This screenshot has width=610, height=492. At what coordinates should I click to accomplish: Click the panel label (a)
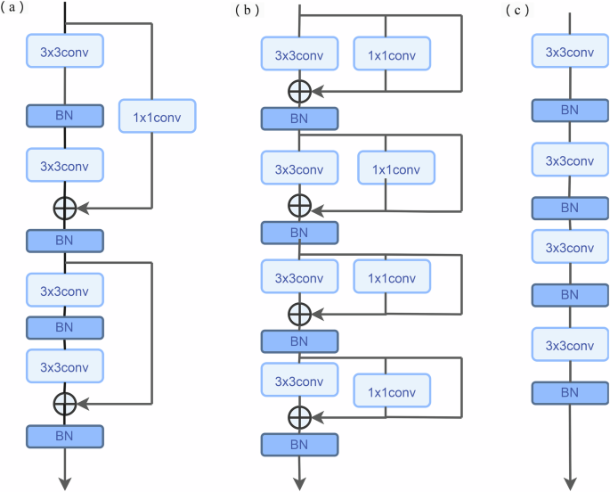point(16,11)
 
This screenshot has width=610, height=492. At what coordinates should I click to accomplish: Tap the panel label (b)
point(248,11)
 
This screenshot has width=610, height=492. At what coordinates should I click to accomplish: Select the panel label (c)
point(516,11)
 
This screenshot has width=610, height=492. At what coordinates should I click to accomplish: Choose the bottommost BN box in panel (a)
point(65,436)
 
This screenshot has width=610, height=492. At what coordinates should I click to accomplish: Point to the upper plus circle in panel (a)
point(65,208)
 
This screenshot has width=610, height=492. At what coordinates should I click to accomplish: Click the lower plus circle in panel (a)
point(65,402)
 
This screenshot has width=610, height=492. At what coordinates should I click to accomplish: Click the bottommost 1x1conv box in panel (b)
point(392,389)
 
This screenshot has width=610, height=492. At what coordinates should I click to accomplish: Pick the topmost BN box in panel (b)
point(299,118)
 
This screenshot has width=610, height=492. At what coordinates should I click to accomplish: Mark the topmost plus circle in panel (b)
point(299,90)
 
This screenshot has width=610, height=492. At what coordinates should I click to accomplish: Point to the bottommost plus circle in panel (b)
point(299,415)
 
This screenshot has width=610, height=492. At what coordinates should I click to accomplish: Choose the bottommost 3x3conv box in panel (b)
point(299,381)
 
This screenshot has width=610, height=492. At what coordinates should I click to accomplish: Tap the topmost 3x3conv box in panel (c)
point(570,52)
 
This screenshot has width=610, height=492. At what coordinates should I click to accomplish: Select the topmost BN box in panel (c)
point(570,111)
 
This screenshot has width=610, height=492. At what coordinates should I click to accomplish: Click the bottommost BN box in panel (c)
point(570,392)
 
